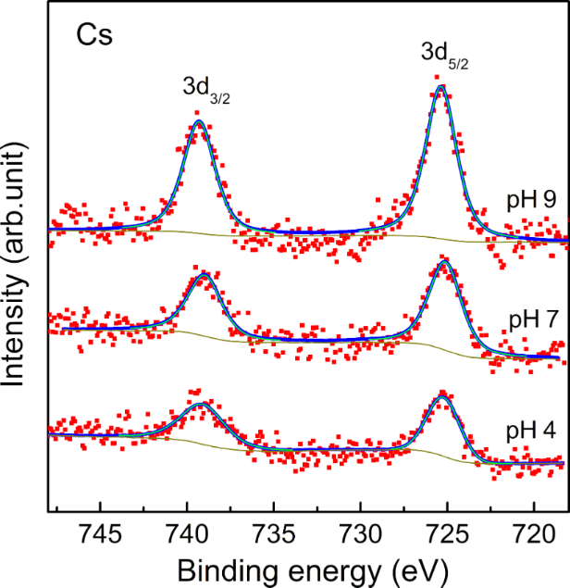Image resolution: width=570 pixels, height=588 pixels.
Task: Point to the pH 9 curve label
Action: [530, 199]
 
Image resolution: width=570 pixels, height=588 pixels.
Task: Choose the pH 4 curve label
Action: [530, 432]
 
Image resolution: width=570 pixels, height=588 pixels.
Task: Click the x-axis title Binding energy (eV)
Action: [309, 566]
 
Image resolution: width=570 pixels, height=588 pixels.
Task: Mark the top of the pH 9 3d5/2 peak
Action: [441, 86]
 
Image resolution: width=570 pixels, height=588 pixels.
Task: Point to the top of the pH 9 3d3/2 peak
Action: [197, 121]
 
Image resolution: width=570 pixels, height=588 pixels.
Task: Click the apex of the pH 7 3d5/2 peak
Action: [443, 264]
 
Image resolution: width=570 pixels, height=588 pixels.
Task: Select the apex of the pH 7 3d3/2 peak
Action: [203, 275]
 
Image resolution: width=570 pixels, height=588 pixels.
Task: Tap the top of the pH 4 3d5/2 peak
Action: [442, 395]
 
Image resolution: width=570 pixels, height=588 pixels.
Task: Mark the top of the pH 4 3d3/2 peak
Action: [199, 405]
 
